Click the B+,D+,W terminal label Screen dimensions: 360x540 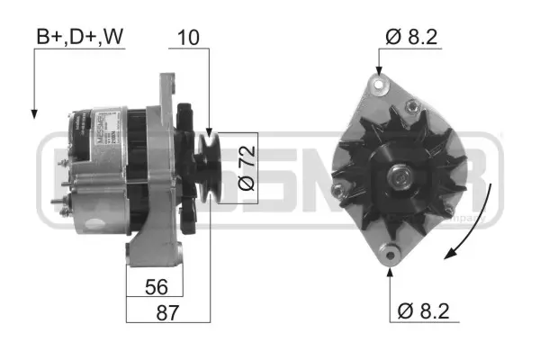[x=79, y=37]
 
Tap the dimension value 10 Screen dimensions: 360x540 [x=191, y=37]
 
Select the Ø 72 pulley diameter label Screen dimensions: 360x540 [x=246, y=167]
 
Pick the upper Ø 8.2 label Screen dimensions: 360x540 [x=413, y=37]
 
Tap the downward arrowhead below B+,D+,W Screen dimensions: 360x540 [x=34, y=112]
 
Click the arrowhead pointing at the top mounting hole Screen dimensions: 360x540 [x=378, y=72]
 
